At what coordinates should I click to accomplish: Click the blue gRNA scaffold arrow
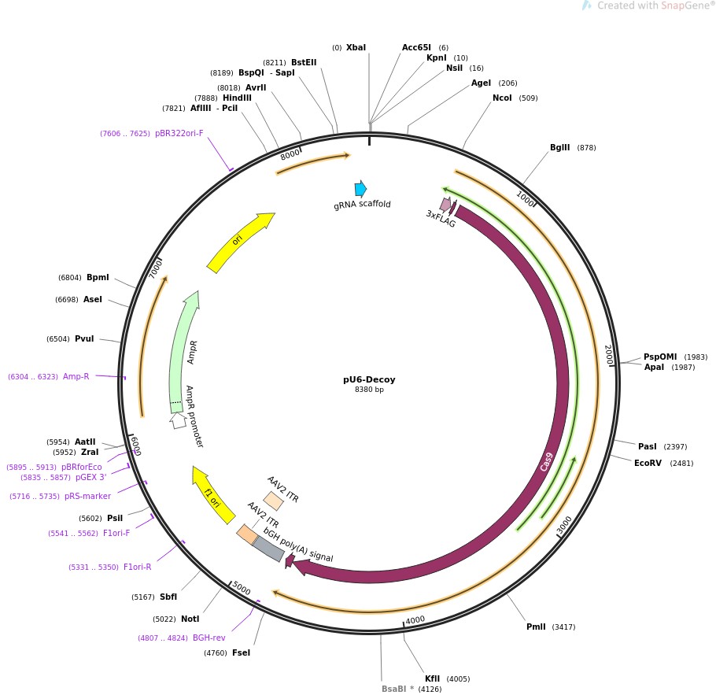[x=360, y=189]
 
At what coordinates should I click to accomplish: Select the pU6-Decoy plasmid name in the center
[x=369, y=379]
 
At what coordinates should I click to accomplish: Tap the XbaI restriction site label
[x=356, y=48]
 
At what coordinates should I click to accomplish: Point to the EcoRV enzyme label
[x=649, y=463]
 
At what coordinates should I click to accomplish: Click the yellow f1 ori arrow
[x=213, y=494]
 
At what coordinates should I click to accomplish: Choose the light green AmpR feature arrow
[x=184, y=350]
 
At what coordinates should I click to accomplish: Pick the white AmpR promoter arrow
[x=179, y=420]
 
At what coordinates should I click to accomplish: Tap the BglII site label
[x=560, y=148]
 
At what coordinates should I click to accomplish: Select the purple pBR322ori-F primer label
[x=179, y=134]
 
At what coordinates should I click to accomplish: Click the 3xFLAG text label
[x=441, y=219]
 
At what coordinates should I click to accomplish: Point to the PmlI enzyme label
[x=536, y=627]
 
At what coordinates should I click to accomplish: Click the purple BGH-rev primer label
[x=209, y=638]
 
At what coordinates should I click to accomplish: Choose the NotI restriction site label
[x=190, y=619]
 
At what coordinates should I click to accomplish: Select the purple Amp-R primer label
[x=76, y=376]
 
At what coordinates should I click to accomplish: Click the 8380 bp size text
[x=369, y=390]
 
